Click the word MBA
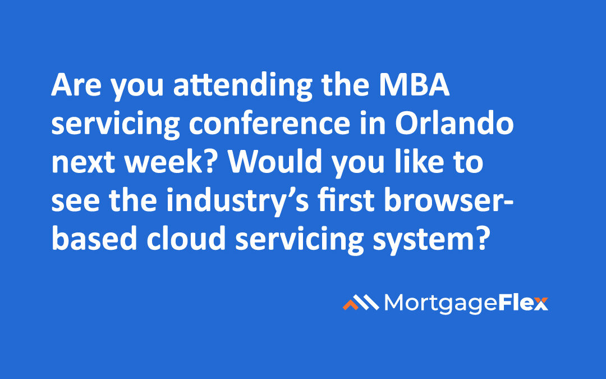tap(414, 85)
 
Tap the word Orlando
tap(454, 123)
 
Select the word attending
tap(243, 86)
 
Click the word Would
tap(275, 161)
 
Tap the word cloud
tap(186, 238)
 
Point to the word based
tap(94, 238)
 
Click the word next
tap(83, 163)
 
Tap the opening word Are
tap(76, 85)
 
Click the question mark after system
tap(481, 238)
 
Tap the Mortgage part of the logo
tap(440, 304)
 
